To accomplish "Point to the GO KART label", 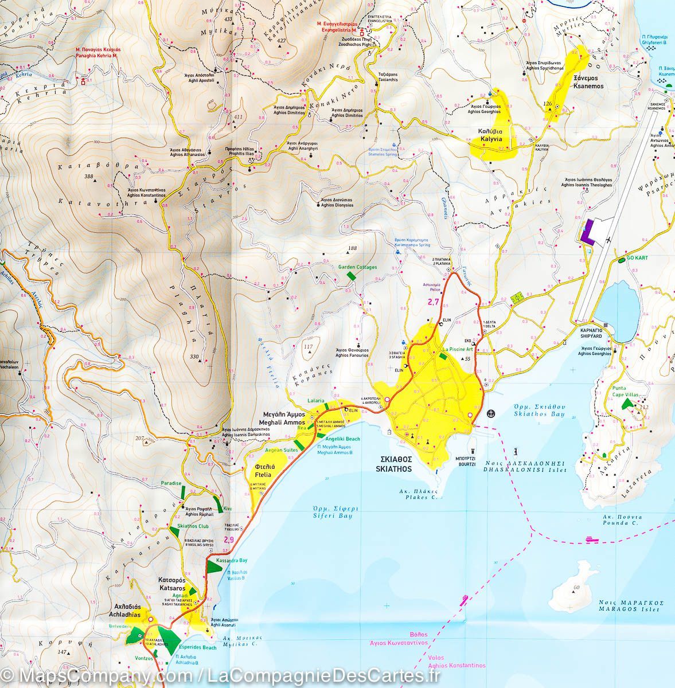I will (637, 258).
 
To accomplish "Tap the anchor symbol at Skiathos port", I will (490, 413).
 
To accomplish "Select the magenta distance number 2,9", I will (229, 540).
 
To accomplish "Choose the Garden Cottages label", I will (357, 267).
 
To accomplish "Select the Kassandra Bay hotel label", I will (232, 560).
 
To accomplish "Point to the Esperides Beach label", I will (200, 647).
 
